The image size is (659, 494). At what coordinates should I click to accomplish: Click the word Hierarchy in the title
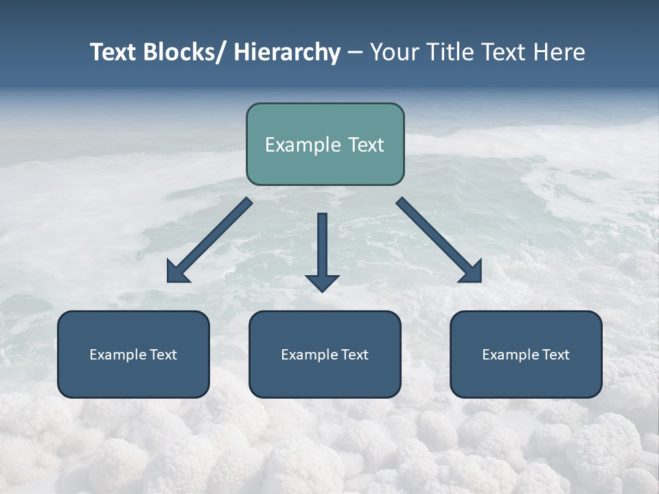coord(287,52)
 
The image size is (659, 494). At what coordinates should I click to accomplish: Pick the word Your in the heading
coord(393,52)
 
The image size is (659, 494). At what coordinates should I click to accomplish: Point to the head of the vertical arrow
coord(322,283)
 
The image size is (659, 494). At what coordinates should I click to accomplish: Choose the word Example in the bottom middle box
coord(308,355)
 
